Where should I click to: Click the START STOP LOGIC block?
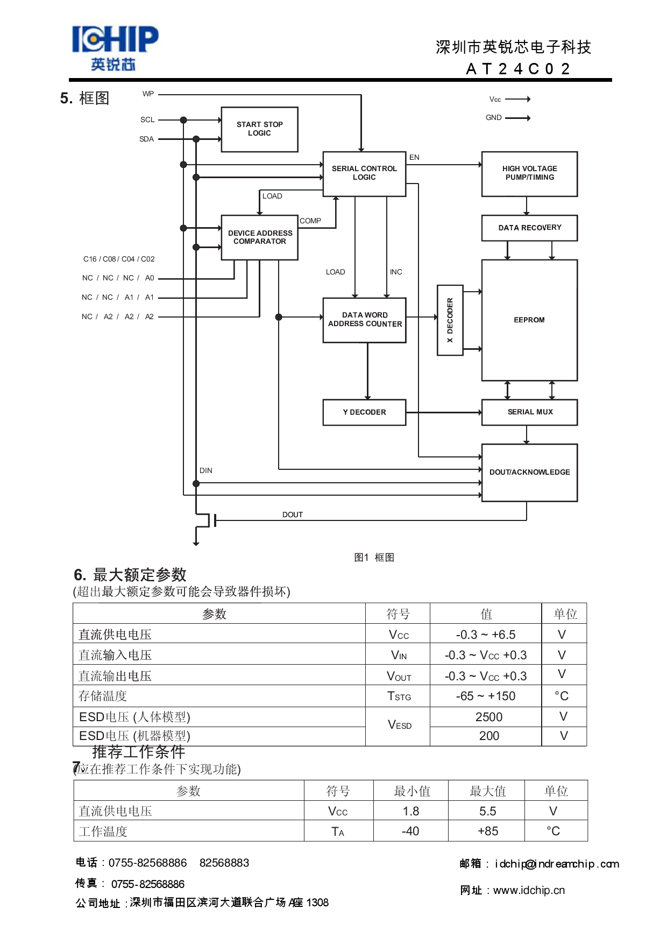tap(259, 129)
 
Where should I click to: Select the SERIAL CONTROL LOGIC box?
tap(364, 173)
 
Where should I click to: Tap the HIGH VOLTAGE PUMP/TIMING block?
tap(529, 173)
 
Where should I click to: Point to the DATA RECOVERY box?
tap(529, 228)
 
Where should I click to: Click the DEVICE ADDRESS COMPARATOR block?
tap(260, 237)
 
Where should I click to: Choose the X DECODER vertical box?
tap(450, 320)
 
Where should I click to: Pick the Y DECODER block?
tap(364, 412)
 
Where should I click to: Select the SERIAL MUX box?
tap(529, 412)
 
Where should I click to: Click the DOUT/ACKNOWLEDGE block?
tap(529, 473)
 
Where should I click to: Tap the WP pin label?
tap(148, 94)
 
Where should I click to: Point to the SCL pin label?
tap(147, 119)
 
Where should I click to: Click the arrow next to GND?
tap(518, 118)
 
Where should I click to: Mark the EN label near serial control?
tap(414, 157)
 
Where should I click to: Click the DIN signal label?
tap(205, 470)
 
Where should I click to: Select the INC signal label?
tap(396, 272)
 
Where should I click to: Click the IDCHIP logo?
tap(115, 48)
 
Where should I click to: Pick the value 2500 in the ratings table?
tap(488, 717)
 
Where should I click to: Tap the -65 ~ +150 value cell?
tap(485, 696)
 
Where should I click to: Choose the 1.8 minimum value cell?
tap(410, 811)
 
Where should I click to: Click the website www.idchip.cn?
tap(529, 890)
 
